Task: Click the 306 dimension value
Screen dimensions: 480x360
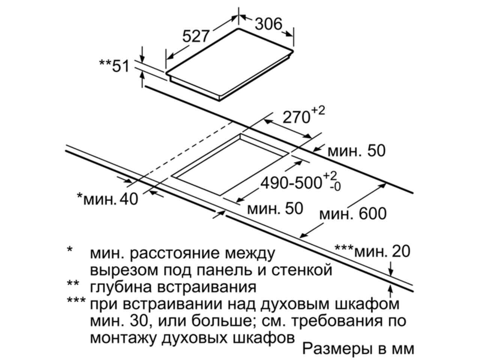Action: [268, 24]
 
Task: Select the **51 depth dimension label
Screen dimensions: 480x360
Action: [114, 66]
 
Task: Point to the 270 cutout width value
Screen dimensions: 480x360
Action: [296, 117]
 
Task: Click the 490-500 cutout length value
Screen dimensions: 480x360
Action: [291, 183]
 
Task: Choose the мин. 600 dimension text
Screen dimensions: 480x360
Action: [353, 213]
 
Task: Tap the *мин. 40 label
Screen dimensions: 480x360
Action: [108, 199]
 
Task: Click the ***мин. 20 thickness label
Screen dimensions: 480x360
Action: [372, 251]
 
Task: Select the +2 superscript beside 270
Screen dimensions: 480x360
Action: [318, 111]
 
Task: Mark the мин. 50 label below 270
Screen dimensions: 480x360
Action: [357, 151]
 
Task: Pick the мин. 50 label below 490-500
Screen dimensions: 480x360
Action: [275, 208]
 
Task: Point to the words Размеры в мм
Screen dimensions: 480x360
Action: [358, 348]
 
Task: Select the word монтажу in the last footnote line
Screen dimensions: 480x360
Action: [123, 338]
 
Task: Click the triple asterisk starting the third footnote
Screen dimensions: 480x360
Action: [76, 300]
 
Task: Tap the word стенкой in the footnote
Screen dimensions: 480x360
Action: [302, 270]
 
